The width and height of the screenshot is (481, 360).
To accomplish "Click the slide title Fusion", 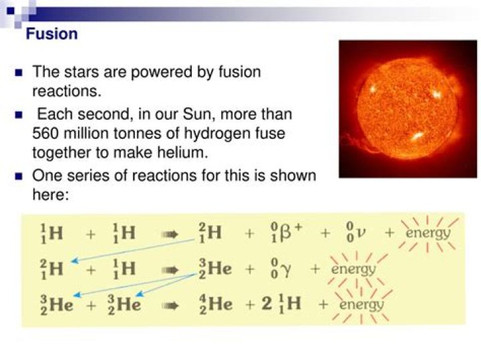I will click(x=51, y=33).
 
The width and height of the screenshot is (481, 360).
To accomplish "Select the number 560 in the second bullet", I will click(x=46, y=134).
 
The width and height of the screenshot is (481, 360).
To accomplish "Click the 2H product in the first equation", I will click(x=210, y=234).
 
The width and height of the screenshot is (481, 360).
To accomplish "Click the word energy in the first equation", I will click(x=428, y=233).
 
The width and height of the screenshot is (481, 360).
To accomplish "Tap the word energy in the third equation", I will click(x=361, y=305).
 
